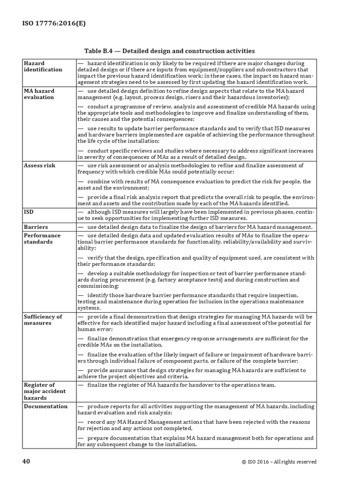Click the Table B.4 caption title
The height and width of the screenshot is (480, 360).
pyautogui.click(x=169, y=51)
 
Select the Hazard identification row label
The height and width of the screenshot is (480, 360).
pyautogui.click(x=43, y=66)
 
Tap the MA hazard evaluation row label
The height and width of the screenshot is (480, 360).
pyautogui.click(x=39, y=94)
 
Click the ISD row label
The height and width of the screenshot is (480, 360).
pyautogui.click(x=29, y=212)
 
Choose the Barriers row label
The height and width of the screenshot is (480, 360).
pyautogui.click(x=36, y=227)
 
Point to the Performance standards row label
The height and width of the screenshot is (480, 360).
pyautogui.click(x=42, y=239)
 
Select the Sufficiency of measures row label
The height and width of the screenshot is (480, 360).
pyautogui.click(x=43, y=320)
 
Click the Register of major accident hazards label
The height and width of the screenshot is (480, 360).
pyautogui.click(x=45, y=391)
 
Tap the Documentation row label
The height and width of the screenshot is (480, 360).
pyautogui.click(x=45, y=406)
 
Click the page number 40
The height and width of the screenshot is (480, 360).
pyautogui.click(x=26, y=461)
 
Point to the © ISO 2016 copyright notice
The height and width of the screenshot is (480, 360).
pyautogui.click(x=279, y=462)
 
